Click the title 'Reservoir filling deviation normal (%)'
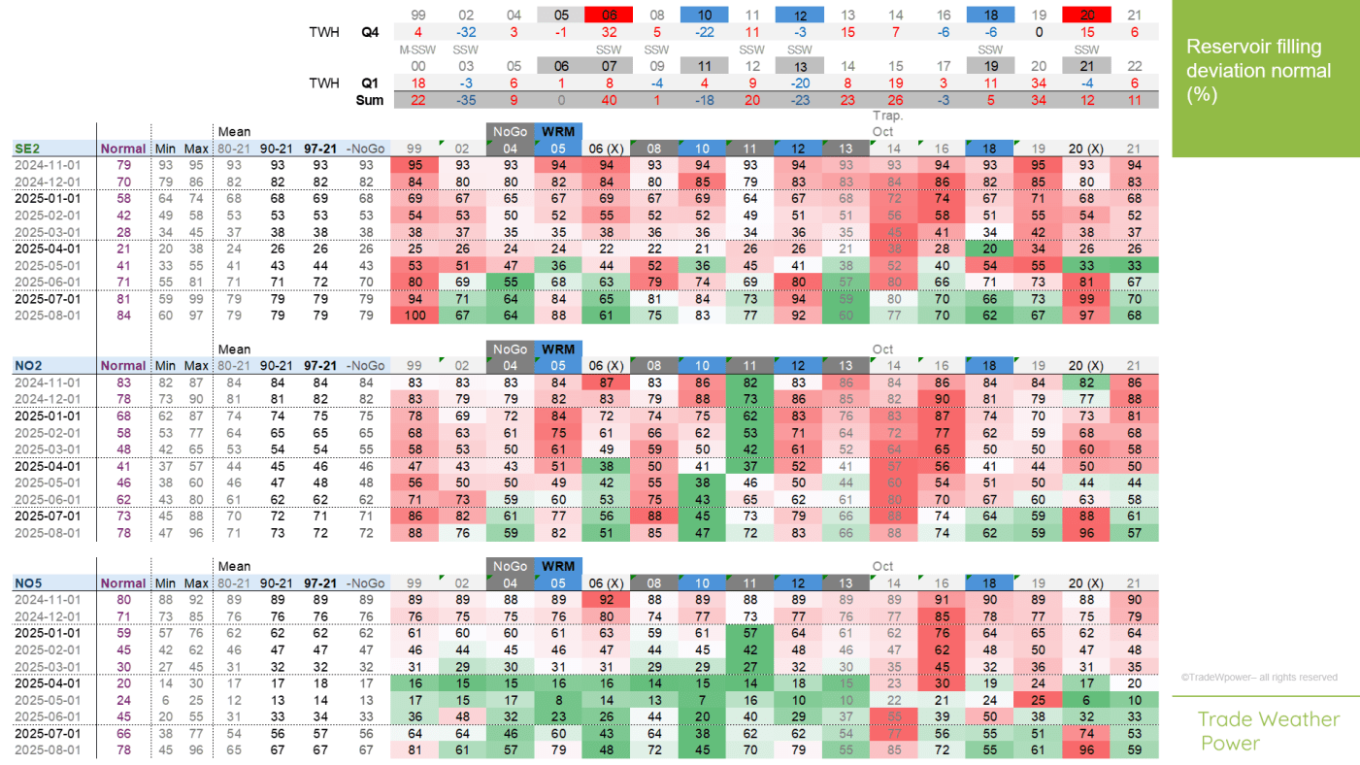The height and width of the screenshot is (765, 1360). (1258, 71)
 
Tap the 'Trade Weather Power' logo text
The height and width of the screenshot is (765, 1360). (1268, 731)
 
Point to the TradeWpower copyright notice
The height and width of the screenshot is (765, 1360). (1259, 678)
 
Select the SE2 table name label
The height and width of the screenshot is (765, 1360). (28, 149)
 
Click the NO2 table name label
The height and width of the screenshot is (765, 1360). (28, 366)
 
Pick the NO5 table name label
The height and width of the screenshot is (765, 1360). (28, 583)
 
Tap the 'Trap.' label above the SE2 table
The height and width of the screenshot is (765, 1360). (881, 116)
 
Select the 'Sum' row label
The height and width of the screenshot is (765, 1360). (369, 100)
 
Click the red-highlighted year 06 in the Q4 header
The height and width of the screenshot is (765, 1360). (609, 15)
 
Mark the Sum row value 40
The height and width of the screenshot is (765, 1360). (609, 100)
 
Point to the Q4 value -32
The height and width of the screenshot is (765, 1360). (465, 32)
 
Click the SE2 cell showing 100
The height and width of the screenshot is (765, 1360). (416, 315)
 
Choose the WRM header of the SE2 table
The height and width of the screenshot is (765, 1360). (558, 131)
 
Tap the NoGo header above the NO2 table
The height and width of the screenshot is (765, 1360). (510, 349)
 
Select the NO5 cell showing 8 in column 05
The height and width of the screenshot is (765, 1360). (558, 700)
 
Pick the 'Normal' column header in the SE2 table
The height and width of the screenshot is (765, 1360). (122, 149)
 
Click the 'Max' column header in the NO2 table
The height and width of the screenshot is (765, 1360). (196, 366)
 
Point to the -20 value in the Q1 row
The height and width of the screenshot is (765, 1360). (800, 83)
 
